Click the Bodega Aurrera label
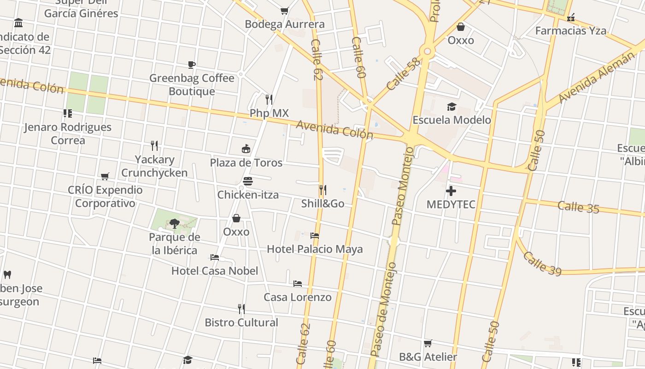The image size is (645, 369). pyautogui.click(x=285, y=24)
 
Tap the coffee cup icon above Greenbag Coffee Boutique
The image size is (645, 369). pyautogui.click(x=192, y=65)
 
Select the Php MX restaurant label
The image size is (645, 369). pyautogui.click(x=269, y=113)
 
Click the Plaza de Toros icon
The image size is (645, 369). pyautogui.click(x=246, y=149)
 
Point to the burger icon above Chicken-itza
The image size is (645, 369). pyautogui.click(x=248, y=181)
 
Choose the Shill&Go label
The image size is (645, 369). pyautogui.click(x=322, y=203)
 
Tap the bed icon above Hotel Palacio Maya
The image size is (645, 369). pyautogui.click(x=315, y=235)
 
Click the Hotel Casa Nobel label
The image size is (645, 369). pyautogui.click(x=215, y=271)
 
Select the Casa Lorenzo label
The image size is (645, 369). pyautogui.click(x=297, y=297)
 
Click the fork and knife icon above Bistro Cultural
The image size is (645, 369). pyautogui.click(x=241, y=308)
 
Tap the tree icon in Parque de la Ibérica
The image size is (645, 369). pyautogui.click(x=174, y=224)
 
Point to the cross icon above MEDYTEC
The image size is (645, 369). pyautogui.click(x=451, y=190)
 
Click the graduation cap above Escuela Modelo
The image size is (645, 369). pyautogui.click(x=451, y=107)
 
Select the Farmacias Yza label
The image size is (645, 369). pyautogui.click(x=570, y=31)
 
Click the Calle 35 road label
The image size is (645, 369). pyautogui.click(x=578, y=207)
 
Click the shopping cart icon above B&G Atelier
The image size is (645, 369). pyautogui.click(x=428, y=343)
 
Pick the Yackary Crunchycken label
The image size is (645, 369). pyautogui.click(x=154, y=166)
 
